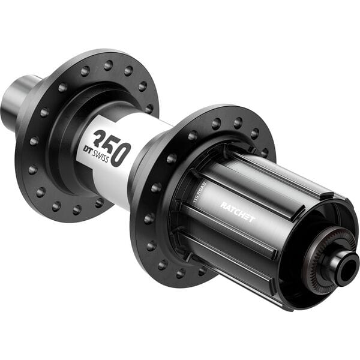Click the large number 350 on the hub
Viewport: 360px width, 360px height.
pos(111,146)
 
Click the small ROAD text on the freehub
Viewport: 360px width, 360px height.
pos(199,188)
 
